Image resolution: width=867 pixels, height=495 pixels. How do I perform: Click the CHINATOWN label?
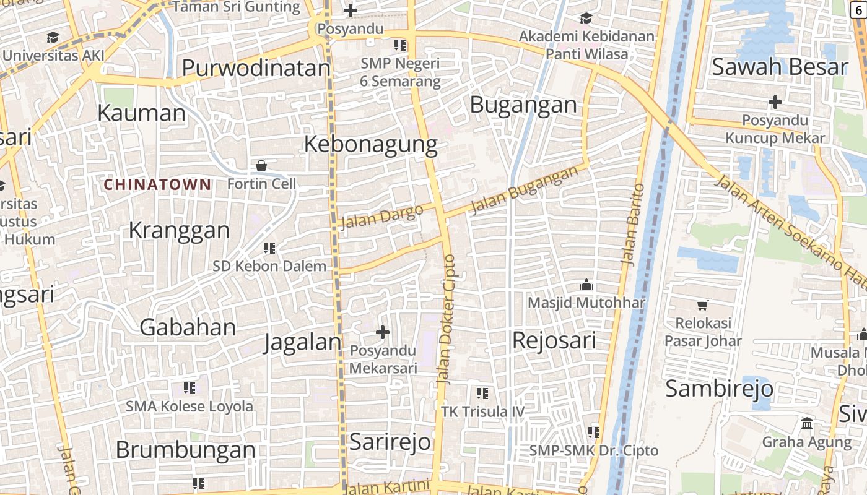tap(157, 184)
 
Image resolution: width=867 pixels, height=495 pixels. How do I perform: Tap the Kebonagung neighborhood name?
tap(370, 145)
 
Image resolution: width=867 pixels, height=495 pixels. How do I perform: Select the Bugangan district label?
tap(523, 105)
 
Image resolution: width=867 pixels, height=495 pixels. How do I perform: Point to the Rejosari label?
tap(554, 341)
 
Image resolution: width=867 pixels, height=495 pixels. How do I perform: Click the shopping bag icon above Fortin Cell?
tap(261, 166)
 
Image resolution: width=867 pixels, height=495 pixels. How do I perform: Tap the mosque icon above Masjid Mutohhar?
tap(586, 285)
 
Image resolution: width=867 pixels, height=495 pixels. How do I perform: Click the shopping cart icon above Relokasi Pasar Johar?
tap(702, 305)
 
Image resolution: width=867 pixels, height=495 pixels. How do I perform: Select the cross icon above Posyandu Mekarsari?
tap(383, 332)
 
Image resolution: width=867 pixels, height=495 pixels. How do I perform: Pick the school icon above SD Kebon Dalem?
tap(269, 248)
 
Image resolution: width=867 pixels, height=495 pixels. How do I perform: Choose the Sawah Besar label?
tap(779, 67)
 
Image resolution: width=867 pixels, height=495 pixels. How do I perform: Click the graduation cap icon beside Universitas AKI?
tap(53, 37)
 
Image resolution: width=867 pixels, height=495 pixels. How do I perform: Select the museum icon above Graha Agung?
tap(806, 424)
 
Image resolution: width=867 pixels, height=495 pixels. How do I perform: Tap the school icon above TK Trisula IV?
tap(482, 393)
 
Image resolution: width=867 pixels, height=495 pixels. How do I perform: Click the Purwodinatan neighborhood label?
tap(256, 68)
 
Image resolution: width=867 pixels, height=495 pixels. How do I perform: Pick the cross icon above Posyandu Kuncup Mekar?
tap(775, 101)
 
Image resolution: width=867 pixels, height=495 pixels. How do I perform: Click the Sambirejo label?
tap(719, 389)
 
